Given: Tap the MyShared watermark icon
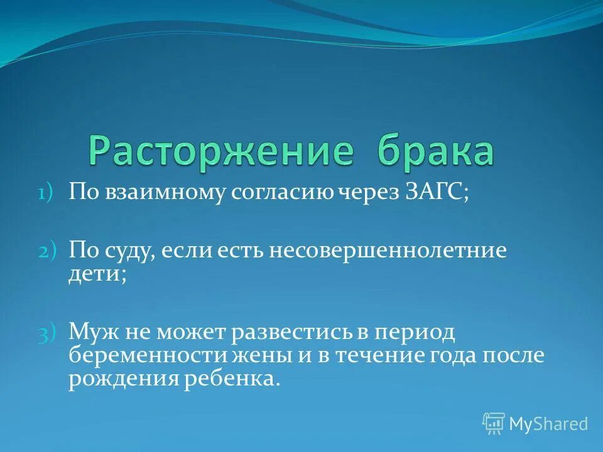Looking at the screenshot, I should (x=494, y=424).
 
